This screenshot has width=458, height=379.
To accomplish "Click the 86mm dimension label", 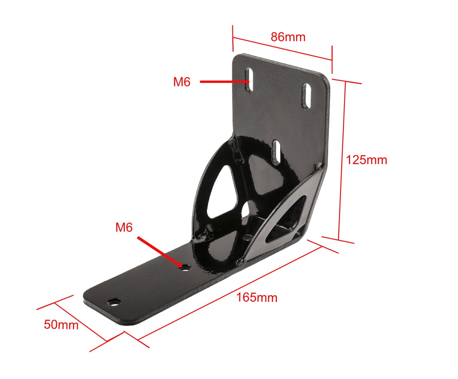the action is tap(288, 37).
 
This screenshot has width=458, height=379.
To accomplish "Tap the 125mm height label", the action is tap(366, 160).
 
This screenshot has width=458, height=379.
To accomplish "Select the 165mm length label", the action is tap(257, 297).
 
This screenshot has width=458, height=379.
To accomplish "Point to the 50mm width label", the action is tap(61, 325).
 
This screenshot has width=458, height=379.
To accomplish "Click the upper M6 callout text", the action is tap(182, 82).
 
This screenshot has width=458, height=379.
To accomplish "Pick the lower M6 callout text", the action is tap(124, 227).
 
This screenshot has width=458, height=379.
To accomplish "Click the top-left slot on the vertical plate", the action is tap(249, 80).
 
